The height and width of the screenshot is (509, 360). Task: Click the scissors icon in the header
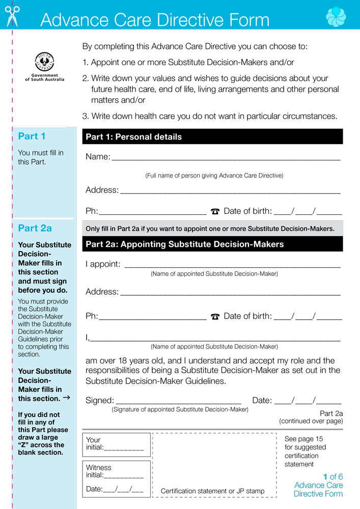click(x=12, y=16)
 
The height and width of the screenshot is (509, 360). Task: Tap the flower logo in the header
click(x=336, y=17)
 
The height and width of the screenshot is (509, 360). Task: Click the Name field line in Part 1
click(x=226, y=158)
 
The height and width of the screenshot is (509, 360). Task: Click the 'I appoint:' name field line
click(x=232, y=265)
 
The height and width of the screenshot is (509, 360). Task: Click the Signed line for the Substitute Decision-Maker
click(x=179, y=402)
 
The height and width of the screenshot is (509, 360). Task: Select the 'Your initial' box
click(x=116, y=444)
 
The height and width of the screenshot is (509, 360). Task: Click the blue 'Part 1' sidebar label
click(x=32, y=136)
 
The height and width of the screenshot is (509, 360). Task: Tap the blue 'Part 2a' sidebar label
click(x=35, y=228)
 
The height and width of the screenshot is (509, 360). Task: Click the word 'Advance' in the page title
click(x=74, y=20)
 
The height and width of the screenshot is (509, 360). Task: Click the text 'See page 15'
click(x=303, y=439)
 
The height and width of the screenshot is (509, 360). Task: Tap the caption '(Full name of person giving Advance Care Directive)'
click(x=214, y=176)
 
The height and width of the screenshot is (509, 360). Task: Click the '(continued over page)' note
click(x=311, y=421)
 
